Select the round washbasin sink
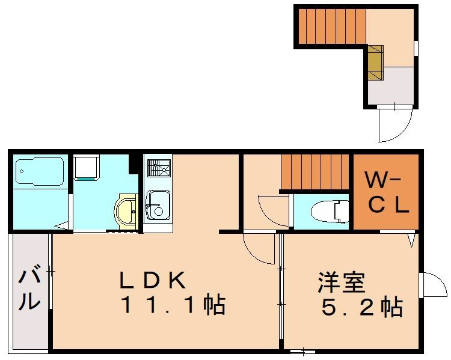(127, 210)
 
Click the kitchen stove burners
(158, 167)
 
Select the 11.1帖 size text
(173, 306)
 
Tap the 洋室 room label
(342, 281)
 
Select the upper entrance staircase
(331, 26)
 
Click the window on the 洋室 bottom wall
(302, 350)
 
